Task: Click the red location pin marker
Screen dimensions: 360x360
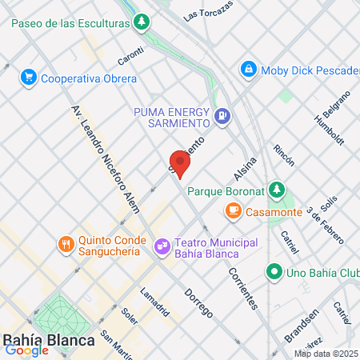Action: tap(180, 164)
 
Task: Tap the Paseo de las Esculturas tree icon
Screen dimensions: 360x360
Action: tap(142, 22)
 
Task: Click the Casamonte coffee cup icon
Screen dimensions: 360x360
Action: tap(233, 211)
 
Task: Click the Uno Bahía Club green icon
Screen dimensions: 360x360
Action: tap(274, 272)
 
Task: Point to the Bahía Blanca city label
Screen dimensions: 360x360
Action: tap(49, 338)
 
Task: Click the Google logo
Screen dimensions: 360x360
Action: tap(26, 350)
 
